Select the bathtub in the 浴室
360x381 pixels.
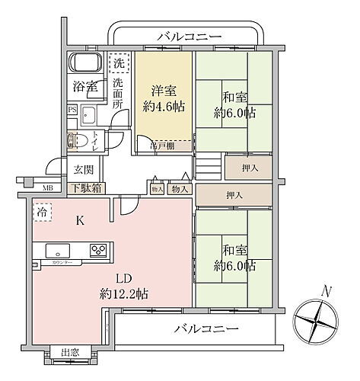tap(86, 62)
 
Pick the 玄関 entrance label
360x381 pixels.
tap(83, 169)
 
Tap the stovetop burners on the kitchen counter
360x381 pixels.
tap(97, 250)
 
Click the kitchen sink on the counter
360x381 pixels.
tap(58, 251)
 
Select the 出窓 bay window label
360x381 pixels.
tap(70, 352)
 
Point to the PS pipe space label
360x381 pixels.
tap(72, 109)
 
